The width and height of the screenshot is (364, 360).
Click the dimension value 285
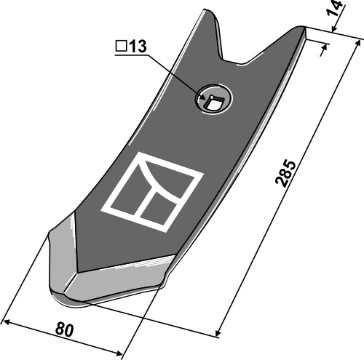click(286, 173)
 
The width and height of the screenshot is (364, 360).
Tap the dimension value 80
click(64, 329)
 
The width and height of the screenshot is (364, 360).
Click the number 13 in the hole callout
click(138, 47)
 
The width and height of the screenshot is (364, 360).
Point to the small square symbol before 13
click(121, 47)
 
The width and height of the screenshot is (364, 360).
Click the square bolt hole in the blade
click(213, 103)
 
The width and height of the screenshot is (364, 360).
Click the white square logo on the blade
click(152, 191)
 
